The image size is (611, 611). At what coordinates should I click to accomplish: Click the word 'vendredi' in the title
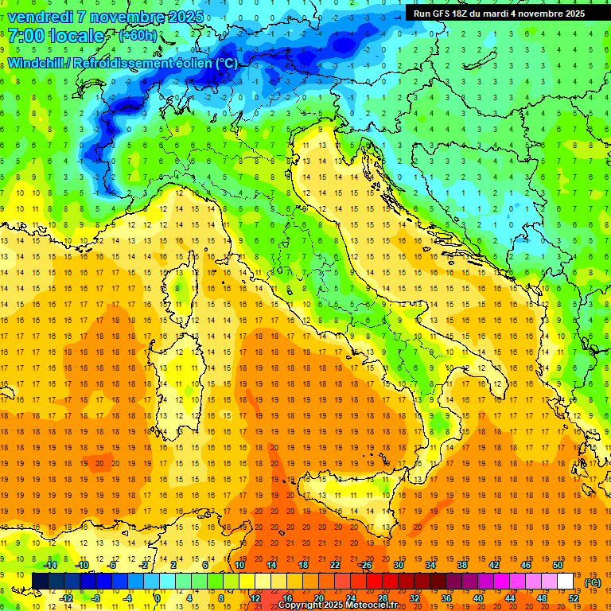point(38,16)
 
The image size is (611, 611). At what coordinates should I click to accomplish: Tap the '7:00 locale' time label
point(56,36)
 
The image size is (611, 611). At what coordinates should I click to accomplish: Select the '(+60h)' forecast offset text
point(138,36)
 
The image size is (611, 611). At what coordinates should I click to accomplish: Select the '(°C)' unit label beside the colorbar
point(593,582)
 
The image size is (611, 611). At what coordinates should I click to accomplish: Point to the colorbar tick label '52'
point(574,598)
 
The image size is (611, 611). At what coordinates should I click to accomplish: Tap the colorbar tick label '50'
point(558,565)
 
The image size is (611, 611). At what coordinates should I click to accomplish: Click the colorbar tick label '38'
point(462,565)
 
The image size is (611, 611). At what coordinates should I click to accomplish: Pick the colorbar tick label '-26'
point(366,565)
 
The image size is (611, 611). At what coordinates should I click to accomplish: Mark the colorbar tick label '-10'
point(80,565)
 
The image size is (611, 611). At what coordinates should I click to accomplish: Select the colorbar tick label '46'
point(526,565)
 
